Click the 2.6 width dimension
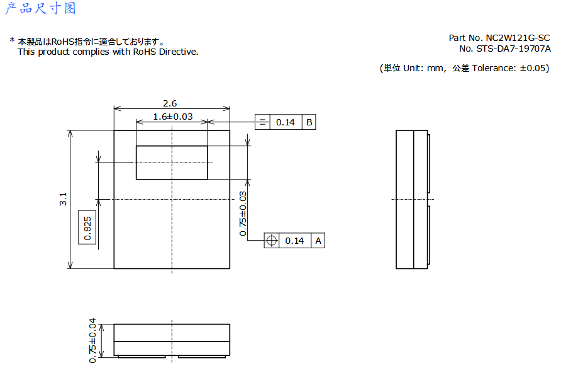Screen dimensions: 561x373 (x=170, y=103)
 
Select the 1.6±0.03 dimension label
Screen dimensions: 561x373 (x=173, y=117)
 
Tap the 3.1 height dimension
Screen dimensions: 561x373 (x=63, y=199)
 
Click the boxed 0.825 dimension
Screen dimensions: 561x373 (x=87, y=228)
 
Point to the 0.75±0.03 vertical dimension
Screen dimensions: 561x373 (x=243, y=214)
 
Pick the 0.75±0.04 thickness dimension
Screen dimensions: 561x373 (x=92, y=341)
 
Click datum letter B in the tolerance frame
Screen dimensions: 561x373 (x=309, y=122)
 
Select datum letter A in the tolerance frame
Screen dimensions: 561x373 (x=318, y=241)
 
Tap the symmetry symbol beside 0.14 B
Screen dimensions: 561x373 (x=262, y=122)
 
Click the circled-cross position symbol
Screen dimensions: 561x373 (x=272, y=241)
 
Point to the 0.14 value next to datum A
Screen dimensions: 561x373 (x=294, y=241)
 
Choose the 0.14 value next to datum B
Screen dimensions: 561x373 (x=285, y=122)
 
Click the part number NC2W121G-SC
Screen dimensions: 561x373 (x=518, y=38)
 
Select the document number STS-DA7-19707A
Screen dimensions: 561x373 (x=513, y=49)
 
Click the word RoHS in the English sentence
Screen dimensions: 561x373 (x=145, y=52)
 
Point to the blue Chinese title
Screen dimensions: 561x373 (x=40, y=8)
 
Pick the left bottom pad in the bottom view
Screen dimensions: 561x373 (x=142, y=357)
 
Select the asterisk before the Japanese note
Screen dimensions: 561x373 (x=12, y=40)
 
